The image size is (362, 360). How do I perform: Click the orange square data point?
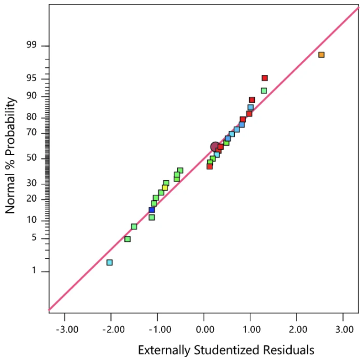(321, 55)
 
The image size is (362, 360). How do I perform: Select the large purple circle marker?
(215, 147)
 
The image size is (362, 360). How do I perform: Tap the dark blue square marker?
(151, 210)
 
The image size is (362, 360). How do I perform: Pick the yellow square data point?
(165, 188)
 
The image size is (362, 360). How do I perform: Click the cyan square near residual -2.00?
(109, 262)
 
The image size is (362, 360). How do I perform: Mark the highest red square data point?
(265, 78)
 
